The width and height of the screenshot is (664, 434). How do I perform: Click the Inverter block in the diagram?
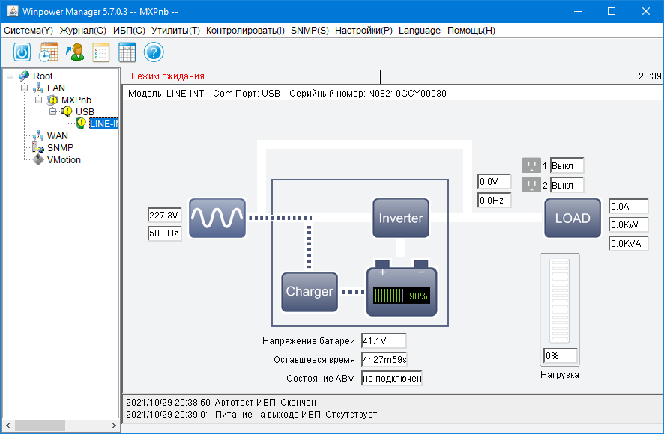[401, 218]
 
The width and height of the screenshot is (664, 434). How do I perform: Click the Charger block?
[309, 292]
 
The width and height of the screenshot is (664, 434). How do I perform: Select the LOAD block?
[573, 218]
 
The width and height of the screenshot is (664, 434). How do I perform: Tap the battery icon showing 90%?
[399, 291]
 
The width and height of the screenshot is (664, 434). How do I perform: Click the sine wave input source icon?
[217, 218]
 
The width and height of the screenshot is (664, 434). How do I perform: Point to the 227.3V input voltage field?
[164, 216]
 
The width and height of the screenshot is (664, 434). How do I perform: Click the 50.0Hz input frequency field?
[164, 234]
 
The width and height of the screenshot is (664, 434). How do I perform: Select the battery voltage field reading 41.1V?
[383, 341]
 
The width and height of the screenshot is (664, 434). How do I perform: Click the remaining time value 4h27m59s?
[384, 360]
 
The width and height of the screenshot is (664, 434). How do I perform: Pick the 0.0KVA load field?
[628, 244]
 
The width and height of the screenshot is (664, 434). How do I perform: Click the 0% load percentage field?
[561, 356]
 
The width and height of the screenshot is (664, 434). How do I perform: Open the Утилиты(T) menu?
[175, 31]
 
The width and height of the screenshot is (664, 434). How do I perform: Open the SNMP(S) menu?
[310, 31]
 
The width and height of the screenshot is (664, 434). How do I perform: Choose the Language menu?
[420, 31]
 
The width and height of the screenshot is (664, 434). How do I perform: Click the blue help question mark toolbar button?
[154, 52]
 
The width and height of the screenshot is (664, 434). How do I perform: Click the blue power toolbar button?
[22, 52]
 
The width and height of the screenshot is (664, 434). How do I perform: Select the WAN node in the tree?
[58, 136]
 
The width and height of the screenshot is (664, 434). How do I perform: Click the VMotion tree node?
[64, 160]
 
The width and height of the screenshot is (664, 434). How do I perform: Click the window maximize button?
[612, 11]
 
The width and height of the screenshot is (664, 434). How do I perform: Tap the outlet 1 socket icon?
[531, 165]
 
